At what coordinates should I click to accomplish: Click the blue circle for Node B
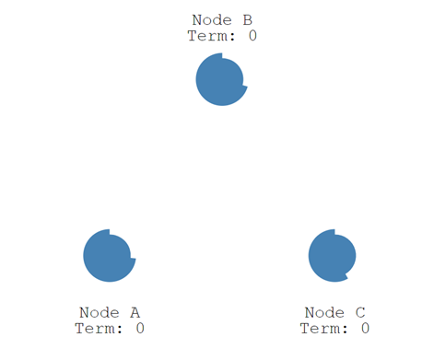pyautogui.click(x=220, y=80)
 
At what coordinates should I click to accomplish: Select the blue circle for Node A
pyautogui.click(x=108, y=255)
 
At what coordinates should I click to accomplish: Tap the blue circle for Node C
pyautogui.click(x=332, y=255)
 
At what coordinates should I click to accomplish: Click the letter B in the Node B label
pyautogui.click(x=247, y=20)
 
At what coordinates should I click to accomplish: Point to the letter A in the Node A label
pyautogui.click(x=135, y=312)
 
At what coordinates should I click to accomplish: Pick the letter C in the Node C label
pyautogui.click(x=359, y=312)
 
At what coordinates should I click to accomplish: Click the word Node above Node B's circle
pyautogui.click(x=211, y=20)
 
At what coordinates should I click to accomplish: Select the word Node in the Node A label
pyautogui.click(x=99, y=312)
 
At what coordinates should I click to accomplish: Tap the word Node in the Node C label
pyautogui.click(x=323, y=312)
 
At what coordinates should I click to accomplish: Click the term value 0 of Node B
pyautogui.click(x=252, y=36)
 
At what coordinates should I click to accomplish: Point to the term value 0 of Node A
pyautogui.click(x=140, y=328)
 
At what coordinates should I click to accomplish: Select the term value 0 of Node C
pyautogui.click(x=365, y=328)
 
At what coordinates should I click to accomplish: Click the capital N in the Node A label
pyautogui.click(x=85, y=312)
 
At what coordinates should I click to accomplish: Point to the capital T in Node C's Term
pyautogui.click(x=305, y=328)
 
